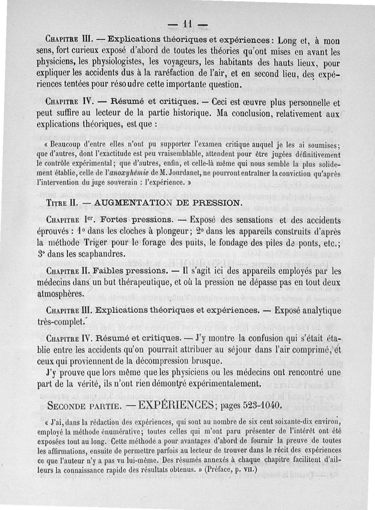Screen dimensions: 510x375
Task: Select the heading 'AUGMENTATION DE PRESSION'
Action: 168,203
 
